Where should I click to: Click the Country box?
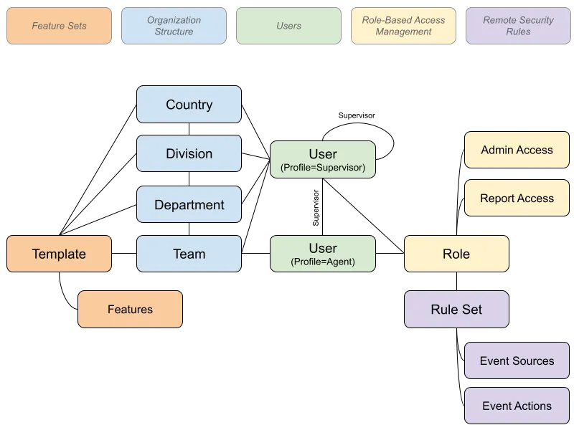189,104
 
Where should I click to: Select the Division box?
189,153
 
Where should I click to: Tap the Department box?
189,204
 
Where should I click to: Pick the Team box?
189,254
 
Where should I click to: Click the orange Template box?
59,254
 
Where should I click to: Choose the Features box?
130,309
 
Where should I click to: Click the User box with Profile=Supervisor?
322,159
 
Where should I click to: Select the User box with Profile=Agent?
322,254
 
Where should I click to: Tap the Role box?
456,254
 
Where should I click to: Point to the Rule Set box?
456,309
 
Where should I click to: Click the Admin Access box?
517,150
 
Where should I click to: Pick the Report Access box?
517,198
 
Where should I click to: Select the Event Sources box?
517,360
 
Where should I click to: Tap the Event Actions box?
517,406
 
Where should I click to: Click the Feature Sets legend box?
59,26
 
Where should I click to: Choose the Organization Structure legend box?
174,26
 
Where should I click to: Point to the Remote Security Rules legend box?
518,26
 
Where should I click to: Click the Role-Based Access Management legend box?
403,26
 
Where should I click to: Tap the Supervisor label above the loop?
357,115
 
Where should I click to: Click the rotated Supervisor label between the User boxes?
316,208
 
